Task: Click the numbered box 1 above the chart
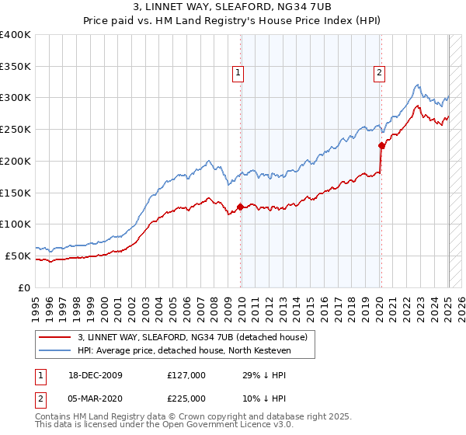[238, 74]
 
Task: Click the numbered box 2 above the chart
[379, 74]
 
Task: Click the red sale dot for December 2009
[240, 207]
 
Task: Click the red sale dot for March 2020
[381, 145]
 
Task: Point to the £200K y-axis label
[16, 161]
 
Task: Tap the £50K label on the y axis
[19, 256]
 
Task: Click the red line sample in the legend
[55, 337]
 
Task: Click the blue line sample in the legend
[55, 351]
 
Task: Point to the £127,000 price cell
[186, 375]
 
